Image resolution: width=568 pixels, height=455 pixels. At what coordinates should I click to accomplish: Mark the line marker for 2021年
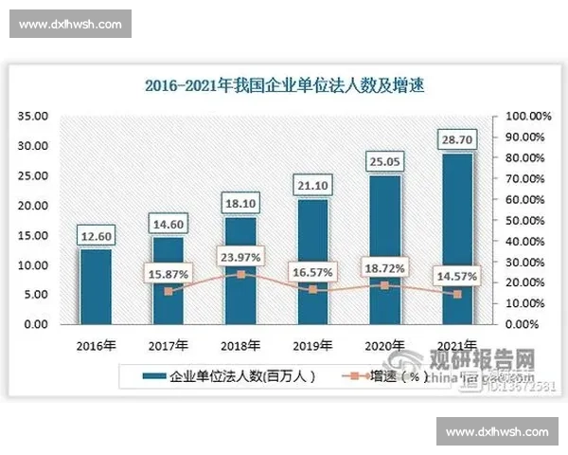457,294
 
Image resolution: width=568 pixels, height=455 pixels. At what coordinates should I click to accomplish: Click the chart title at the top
284,85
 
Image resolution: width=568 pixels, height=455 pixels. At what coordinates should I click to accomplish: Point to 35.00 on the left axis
33,116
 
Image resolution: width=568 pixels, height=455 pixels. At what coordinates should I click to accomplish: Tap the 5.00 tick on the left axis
36,295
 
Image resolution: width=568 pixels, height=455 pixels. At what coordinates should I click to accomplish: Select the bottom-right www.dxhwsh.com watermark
497,431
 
